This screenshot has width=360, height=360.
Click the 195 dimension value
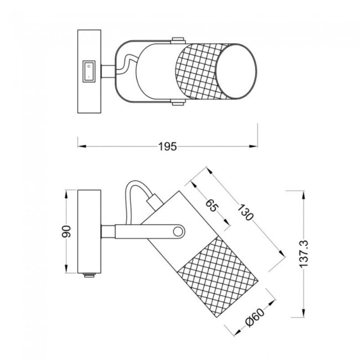point(167,146)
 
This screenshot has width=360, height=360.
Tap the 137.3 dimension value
point(304,254)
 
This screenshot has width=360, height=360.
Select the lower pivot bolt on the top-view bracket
point(177,104)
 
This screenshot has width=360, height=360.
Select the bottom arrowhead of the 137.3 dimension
point(304,313)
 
